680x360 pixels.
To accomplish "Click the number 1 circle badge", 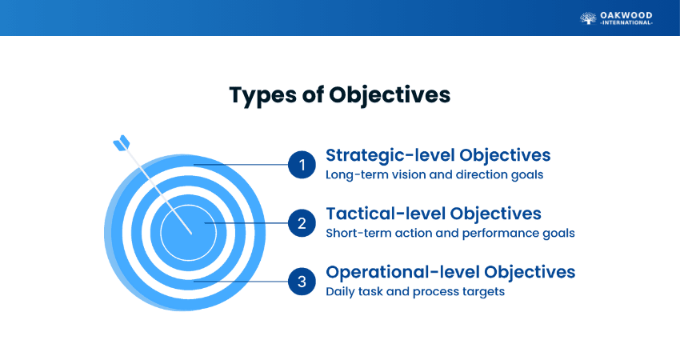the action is tap(302, 165).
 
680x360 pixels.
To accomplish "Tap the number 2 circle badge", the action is tap(302, 223).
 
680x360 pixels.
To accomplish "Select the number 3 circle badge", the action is tap(302, 282).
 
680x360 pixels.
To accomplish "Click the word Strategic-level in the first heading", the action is tap(390, 156).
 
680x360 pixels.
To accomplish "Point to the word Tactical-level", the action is tap(386, 214).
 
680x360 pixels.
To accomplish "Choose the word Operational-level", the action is tap(402, 273).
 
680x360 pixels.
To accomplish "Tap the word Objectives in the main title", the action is tap(390, 95).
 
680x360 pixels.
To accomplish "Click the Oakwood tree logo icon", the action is tap(588, 18).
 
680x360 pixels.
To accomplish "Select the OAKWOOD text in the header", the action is tap(626, 16).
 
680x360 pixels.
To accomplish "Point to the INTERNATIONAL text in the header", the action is tap(626, 23).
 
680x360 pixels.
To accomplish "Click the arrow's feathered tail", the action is tap(122, 142).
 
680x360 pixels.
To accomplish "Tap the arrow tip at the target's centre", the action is tap(191, 234).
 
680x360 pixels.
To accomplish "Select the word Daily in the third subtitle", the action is tap(339, 292).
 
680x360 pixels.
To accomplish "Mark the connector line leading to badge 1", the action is tap(241, 165).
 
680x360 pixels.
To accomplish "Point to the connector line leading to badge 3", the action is tap(241, 282).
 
